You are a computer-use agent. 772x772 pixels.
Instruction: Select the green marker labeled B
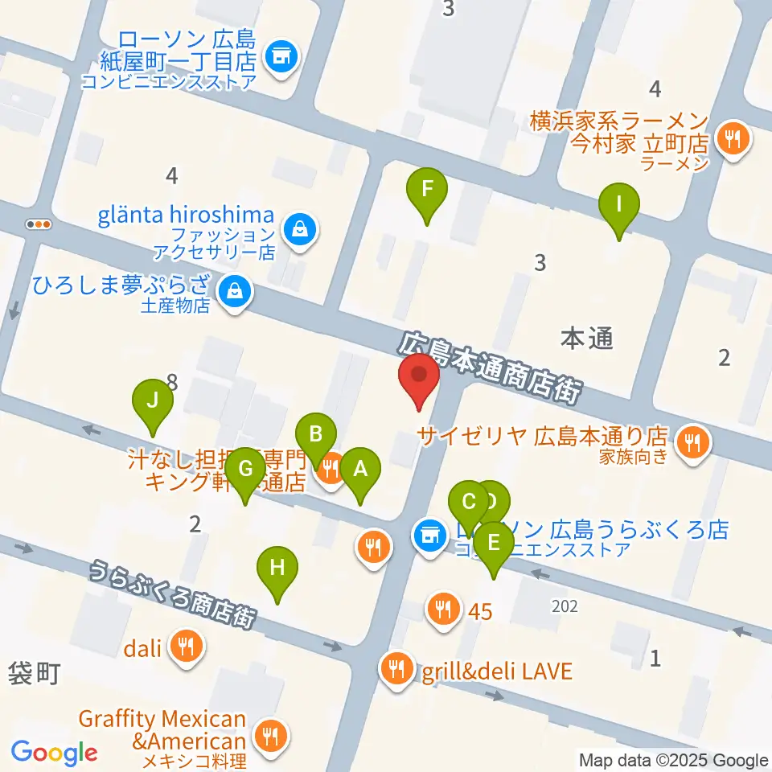coord(316,437)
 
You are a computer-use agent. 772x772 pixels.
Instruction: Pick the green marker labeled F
coord(427,191)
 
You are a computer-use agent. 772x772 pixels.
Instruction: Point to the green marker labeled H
coord(277,569)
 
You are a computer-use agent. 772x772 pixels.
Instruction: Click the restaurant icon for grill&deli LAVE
coord(395,669)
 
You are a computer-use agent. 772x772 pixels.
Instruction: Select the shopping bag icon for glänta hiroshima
coord(300,228)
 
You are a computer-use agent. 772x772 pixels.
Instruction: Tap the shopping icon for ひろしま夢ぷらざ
coord(236,290)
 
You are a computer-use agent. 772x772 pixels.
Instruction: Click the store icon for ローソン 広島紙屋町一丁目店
coord(280,56)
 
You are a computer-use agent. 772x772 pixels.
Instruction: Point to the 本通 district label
coord(587,340)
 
